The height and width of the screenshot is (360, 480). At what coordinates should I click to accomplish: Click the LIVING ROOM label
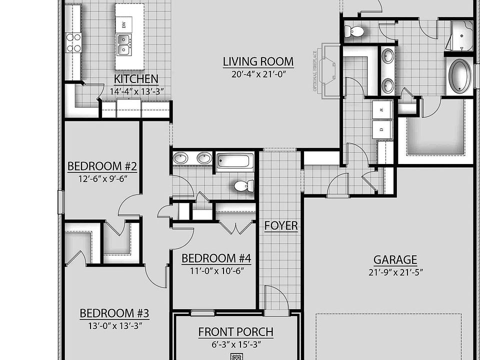pos(258,62)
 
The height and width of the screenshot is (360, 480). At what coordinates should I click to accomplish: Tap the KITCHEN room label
pos(136,79)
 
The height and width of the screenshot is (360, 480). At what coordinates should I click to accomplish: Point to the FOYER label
pos(281,226)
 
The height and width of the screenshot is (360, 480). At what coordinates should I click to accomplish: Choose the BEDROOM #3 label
pos(114,313)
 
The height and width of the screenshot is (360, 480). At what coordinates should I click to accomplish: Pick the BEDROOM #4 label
pos(216,258)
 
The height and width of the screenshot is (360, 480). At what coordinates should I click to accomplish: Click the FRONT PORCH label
pos(235,331)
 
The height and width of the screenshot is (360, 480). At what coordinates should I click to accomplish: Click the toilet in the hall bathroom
pos(242,186)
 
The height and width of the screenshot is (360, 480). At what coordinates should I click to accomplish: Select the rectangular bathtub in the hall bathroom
pos(234,161)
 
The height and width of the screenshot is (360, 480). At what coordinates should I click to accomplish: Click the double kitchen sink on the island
pos(123,44)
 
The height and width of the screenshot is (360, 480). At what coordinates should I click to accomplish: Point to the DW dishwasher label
pos(123,24)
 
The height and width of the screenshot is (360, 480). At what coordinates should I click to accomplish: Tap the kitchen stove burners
pos(73,42)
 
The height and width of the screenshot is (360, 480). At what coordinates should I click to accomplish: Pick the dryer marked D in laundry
pos(381,128)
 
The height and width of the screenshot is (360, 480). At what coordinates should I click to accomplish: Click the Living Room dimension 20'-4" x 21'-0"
pos(258,74)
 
